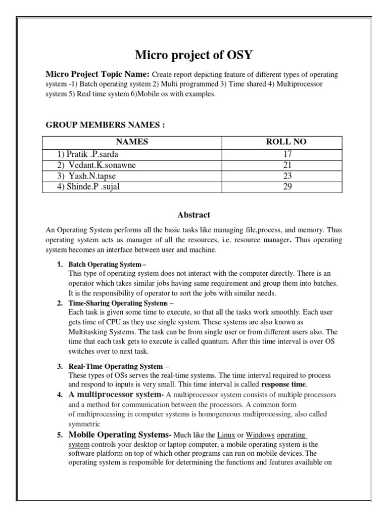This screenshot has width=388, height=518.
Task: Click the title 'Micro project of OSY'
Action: click(194, 55)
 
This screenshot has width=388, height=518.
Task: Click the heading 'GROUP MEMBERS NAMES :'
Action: click(106, 125)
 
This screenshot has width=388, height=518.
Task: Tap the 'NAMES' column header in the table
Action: click(132, 142)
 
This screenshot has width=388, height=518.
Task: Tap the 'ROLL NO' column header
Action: click(286, 142)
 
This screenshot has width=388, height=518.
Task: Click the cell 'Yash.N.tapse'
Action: click(86, 176)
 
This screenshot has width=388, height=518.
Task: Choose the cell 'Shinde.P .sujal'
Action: click(90, 187)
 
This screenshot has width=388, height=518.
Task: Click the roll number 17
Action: click(286, 154)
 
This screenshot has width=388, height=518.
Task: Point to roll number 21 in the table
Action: click(286, 165)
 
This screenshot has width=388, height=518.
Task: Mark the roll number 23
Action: click(286, 176)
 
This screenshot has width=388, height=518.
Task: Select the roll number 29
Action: click(286, 187)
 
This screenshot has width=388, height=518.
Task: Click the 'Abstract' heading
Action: click(193, 214)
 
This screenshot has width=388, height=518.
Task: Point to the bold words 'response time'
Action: click(287, 385)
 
